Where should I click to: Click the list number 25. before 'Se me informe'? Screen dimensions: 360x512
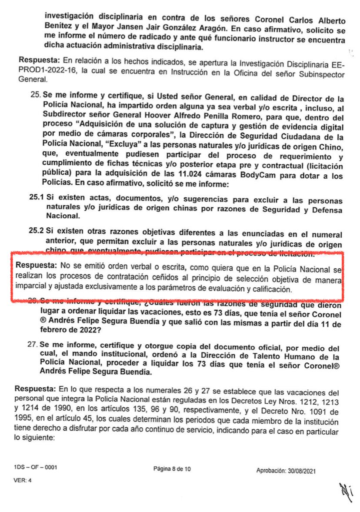35,95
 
